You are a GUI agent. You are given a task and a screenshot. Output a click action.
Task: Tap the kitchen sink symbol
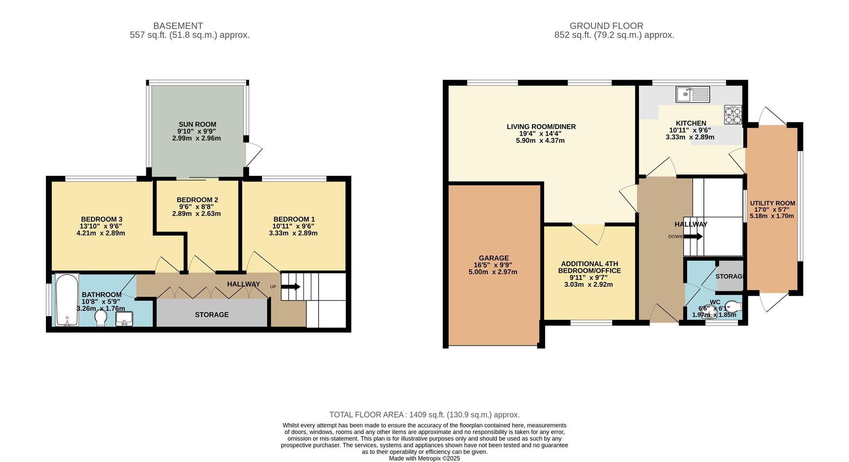(x=692, y=94)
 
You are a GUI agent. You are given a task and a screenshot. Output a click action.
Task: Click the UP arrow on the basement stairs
(x=291, y=286)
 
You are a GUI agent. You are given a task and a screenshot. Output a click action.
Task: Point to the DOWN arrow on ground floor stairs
(x=693, y=237)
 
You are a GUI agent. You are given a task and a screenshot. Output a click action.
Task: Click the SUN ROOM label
(x=197, y=124)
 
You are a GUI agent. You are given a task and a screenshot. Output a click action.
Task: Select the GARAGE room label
(x=493, y=258)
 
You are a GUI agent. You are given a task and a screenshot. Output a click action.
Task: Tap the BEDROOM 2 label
(x=197, y=200)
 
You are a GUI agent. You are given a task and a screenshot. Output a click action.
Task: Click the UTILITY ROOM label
(x=772, y=203)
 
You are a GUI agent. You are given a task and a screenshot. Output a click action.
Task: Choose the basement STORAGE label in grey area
(x=211, y=315)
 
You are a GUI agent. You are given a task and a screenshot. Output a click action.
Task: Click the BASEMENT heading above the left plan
(x=178, y=26)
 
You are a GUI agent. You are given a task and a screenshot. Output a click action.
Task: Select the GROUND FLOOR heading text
(x=606, y=26)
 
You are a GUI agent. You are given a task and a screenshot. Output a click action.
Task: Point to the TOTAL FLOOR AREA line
(x=424, y=415)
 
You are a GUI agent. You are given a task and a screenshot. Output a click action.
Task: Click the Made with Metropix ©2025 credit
(x=424, y=458)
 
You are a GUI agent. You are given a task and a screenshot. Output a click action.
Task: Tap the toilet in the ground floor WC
(x=733, y=306)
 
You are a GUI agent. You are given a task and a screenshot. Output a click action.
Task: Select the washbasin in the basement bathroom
(x=124, y=319)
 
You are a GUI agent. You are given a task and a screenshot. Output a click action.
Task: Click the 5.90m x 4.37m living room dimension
(x=540, y=141)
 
